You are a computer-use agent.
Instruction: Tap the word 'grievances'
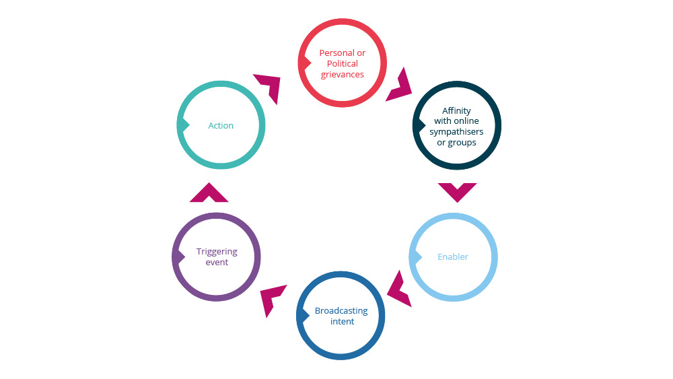343,75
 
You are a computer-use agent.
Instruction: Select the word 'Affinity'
456,110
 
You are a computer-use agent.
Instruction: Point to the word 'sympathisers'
456,132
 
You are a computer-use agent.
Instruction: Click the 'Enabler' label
453,256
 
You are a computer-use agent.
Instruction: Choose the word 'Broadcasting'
341,311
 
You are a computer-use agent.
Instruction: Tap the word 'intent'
342,322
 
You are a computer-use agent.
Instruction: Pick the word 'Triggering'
217,252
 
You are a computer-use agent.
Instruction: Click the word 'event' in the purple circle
217,263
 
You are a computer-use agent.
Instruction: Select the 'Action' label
221,126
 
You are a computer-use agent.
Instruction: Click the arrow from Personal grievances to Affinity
399,84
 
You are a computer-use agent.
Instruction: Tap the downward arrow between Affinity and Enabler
457,191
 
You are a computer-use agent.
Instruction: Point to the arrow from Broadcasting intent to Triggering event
273,300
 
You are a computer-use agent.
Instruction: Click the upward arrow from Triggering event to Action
209,193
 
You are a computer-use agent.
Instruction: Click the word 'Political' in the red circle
343,64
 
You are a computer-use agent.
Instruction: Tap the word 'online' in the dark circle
466,121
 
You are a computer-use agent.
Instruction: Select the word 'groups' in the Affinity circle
462,143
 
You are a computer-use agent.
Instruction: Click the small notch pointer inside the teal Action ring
182,125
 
